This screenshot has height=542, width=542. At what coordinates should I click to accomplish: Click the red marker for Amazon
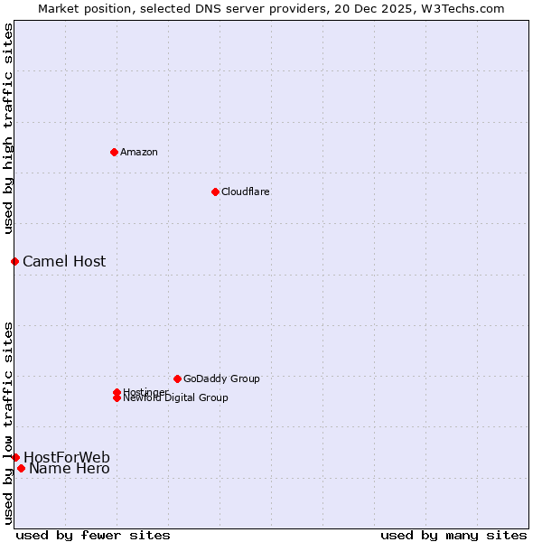[x=114, y=152]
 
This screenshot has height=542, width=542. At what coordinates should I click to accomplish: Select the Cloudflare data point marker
[x=215, y=192]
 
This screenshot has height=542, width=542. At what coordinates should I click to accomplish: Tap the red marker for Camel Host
[x=14, y=261]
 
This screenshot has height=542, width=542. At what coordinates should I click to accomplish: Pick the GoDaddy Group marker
[x=177, y=378]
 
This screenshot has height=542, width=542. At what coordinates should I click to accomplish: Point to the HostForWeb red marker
[x=15, y=457]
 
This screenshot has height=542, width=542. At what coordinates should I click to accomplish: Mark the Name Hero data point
[x=21, y=468]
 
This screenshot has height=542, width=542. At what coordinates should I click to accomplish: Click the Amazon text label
[x=139, y=152]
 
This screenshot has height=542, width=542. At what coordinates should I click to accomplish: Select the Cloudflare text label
[x=246, y=192]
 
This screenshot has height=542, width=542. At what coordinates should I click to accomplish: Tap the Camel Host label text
[x=64, y=261]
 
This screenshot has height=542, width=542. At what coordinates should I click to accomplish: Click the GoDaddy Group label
[x=221, y=378]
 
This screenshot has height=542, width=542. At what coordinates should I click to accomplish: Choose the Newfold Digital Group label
[x=176, y=398]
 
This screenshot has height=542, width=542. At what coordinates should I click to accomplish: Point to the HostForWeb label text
[x=67, y=457]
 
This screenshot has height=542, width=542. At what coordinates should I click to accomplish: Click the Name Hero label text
[x=70, y=468]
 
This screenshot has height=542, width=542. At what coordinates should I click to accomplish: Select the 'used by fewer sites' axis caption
[x=93, y=535]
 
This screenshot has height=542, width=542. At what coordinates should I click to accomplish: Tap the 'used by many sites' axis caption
[x=453, y=535]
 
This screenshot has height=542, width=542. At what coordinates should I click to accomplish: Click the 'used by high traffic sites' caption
[x=8, y=129]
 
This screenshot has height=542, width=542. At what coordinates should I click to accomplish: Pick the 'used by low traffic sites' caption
[x=8, y=422]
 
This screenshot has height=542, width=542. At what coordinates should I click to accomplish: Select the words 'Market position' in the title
[x=79, y=8]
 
